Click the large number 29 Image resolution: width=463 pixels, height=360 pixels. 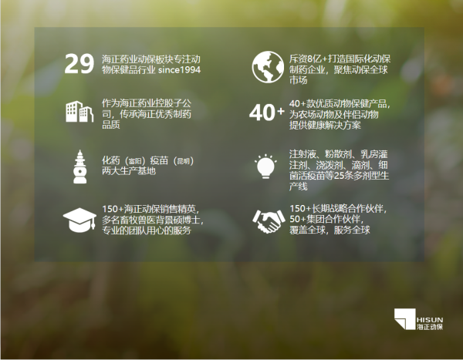tap(79, 64)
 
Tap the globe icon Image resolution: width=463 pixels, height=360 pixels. tap(268, 67)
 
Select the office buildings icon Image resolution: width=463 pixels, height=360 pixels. tap(79, 112)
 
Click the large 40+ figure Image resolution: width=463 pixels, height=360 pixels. tap(266, 113)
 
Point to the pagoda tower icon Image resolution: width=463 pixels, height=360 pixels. tap(80, 167)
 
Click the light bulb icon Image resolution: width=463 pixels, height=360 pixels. tap(265, 167)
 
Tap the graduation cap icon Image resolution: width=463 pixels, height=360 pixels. tap(79, 220)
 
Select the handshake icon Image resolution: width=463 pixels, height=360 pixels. tap(268, 221)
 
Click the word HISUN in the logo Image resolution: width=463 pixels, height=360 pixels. tap(430, 320)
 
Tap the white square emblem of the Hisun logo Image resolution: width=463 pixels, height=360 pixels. tap(405, 319)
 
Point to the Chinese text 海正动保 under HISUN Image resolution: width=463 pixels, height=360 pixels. tap(430, 327)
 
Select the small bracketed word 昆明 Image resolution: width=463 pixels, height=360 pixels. tap(182, 161)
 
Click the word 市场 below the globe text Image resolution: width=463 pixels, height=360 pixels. tap(299, 80)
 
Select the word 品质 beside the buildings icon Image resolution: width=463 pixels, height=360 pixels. tap(110, 125)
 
